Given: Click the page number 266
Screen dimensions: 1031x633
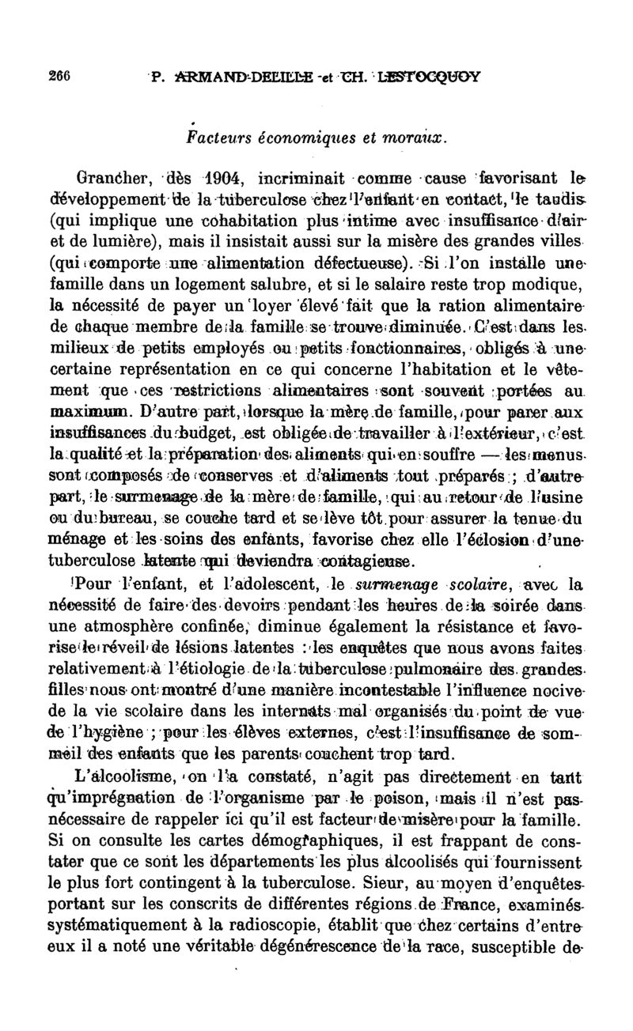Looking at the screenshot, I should pos(60,76).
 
